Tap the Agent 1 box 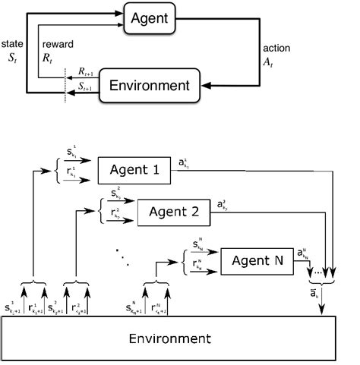pyautogui.click(x=133, y=168)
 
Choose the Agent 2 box pyautogui.click(x=173, y=212)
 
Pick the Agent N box pyautogui.click(x=256, y=263)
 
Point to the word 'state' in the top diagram pyautogui.click(x=13, y=46)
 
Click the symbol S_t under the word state pyautogui.click(x=12, y=58)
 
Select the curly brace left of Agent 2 pyautogui.click(x=100, y=212)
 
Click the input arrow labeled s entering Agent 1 pyautogui.click(x=80, y=161)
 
